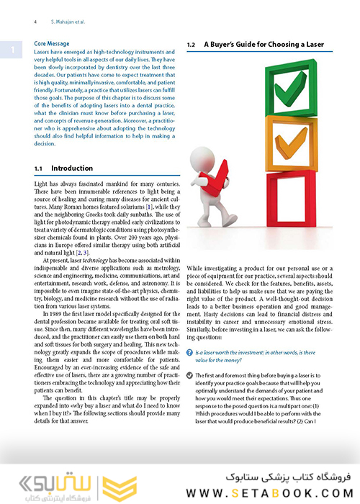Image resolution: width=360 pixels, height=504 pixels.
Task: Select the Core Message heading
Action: point(52,44)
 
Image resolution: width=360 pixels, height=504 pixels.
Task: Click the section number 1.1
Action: point(40,168)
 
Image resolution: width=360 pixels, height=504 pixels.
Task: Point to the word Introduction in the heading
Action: point(73,168)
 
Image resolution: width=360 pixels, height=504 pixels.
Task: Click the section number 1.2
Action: point(192,45)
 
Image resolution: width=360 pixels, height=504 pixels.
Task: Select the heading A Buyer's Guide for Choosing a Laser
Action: point(264,45)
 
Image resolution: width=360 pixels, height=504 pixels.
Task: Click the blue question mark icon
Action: point(189,352)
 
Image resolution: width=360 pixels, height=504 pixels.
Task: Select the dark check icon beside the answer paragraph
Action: point(189,376)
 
